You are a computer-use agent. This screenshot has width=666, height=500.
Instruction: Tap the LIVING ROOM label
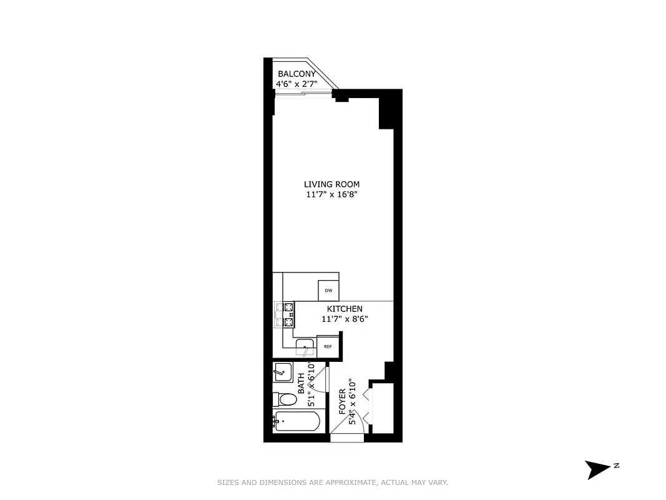coord(331,184)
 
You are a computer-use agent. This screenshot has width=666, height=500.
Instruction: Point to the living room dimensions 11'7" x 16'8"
coord(331,194)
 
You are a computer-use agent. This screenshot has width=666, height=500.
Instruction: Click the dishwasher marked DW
coord(328,291)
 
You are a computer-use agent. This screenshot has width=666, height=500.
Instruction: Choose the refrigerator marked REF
coord(327,346)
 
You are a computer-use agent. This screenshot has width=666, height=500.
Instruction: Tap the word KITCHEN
coord(345,309)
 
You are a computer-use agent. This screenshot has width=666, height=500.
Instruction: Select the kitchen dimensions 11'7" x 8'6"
coord(345,319)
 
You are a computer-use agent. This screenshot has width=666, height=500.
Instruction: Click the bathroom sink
coord(283,371)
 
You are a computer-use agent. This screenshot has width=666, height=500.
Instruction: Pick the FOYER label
coord(342,402)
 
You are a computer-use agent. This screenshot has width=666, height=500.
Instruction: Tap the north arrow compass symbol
coord(598,468)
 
